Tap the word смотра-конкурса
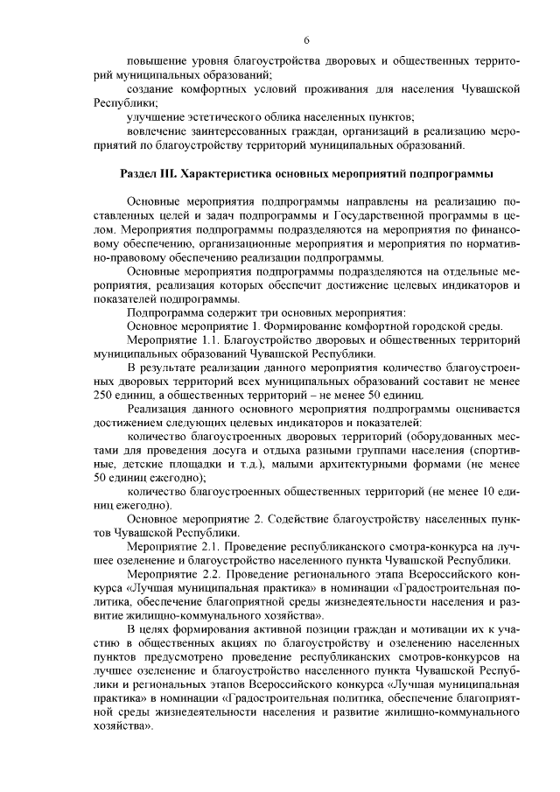(421, 546)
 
